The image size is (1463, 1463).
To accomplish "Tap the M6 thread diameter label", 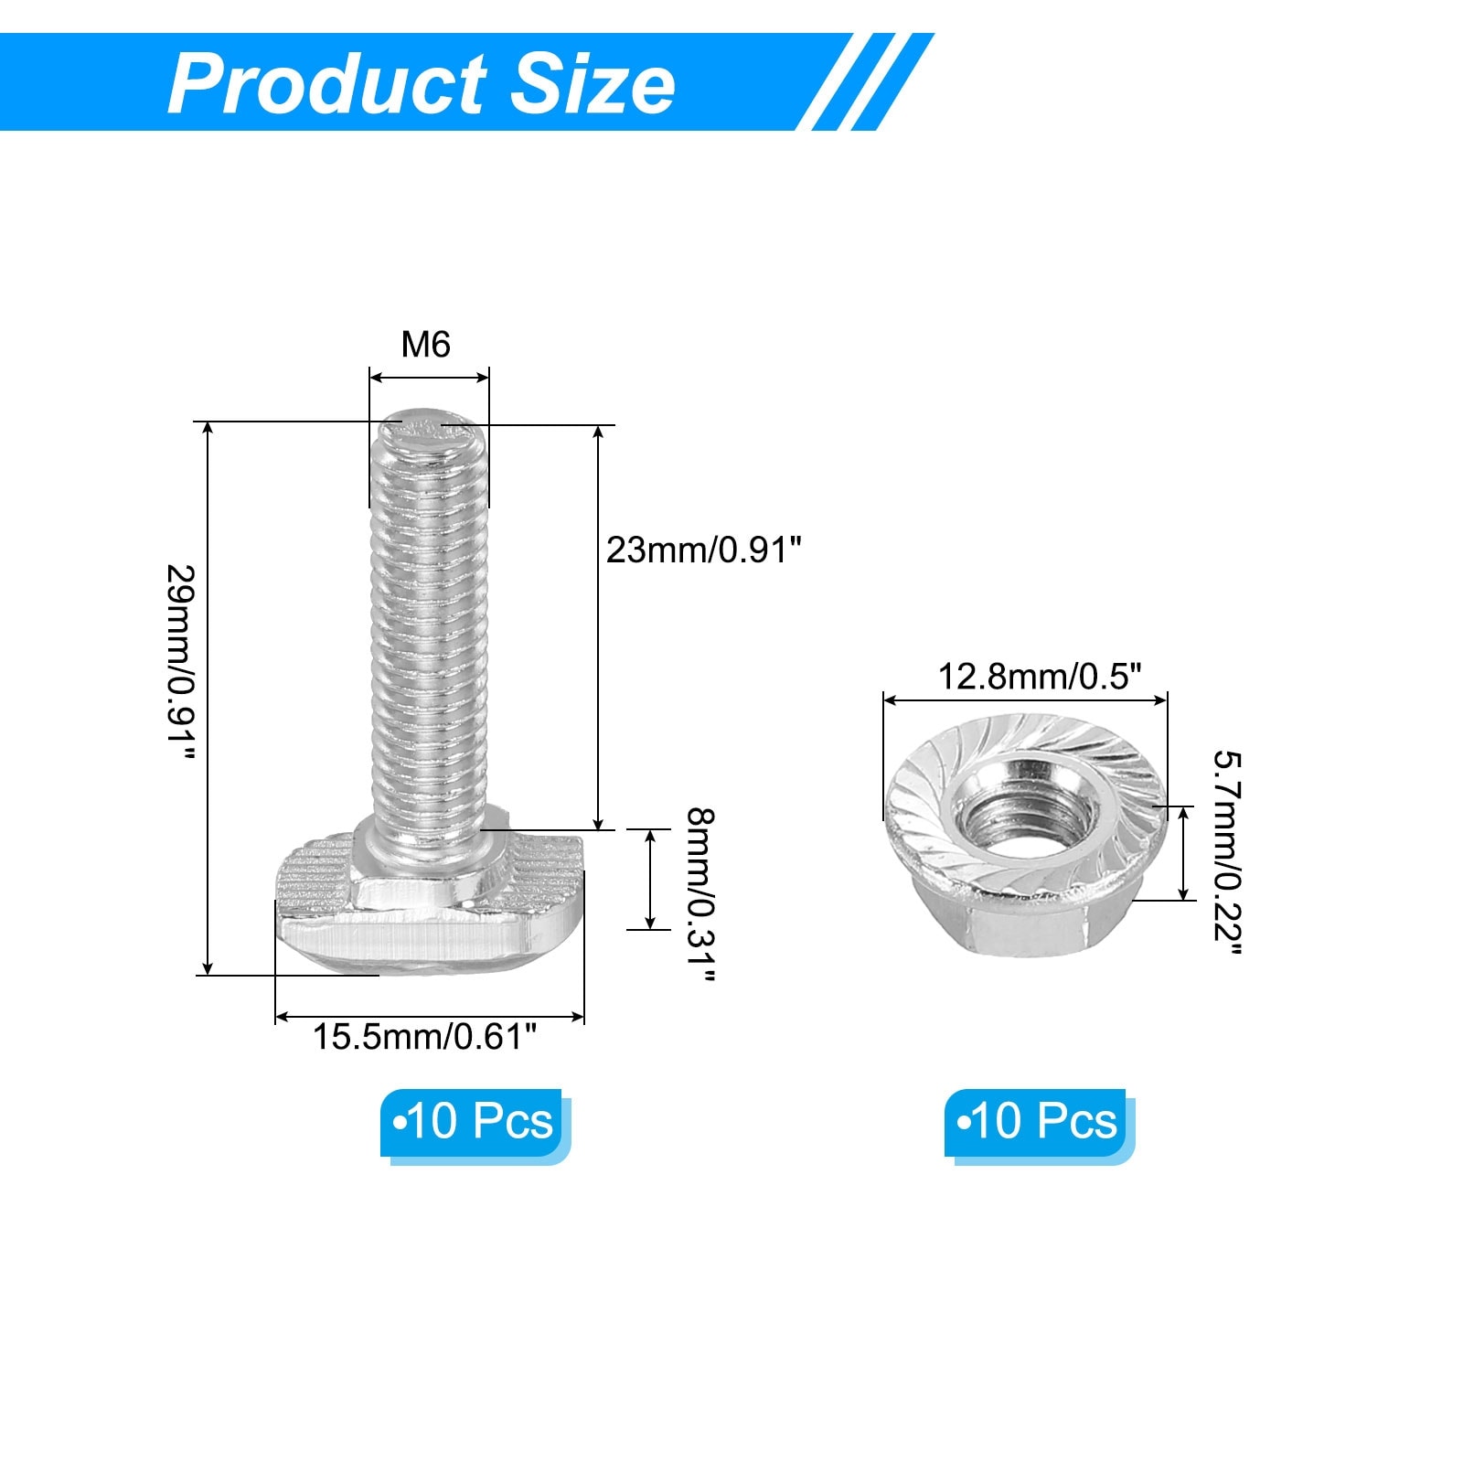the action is coord(426,345).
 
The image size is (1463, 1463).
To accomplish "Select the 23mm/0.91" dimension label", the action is coord(704,550).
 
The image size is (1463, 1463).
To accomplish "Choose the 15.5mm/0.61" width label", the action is coord(425,1037).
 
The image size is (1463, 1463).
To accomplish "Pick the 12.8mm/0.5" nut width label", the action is coord(1041,677).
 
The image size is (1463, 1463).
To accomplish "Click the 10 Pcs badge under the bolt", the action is coord(474,1122).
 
